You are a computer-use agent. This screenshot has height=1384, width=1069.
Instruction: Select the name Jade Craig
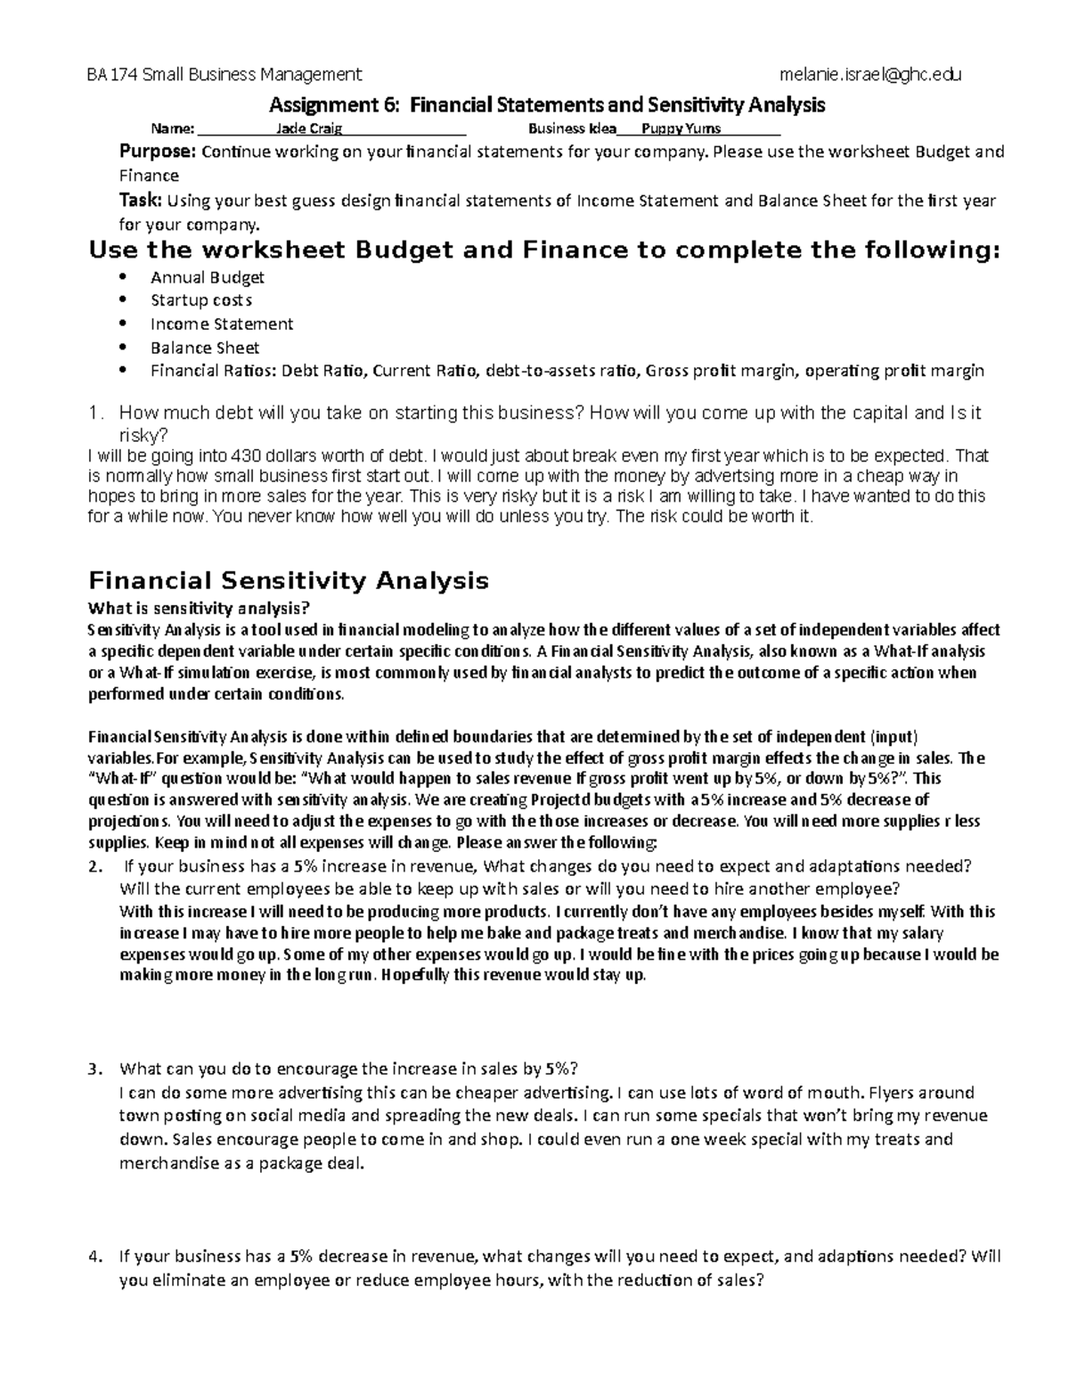303,128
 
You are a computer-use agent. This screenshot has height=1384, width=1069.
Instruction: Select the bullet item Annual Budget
207,277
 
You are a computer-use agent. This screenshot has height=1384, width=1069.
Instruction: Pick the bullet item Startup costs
201,300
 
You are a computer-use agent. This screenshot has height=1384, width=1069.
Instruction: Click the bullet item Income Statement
221,323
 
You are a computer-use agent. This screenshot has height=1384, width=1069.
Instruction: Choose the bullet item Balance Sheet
205,348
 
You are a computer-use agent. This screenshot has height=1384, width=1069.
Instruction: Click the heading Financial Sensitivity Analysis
289,581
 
